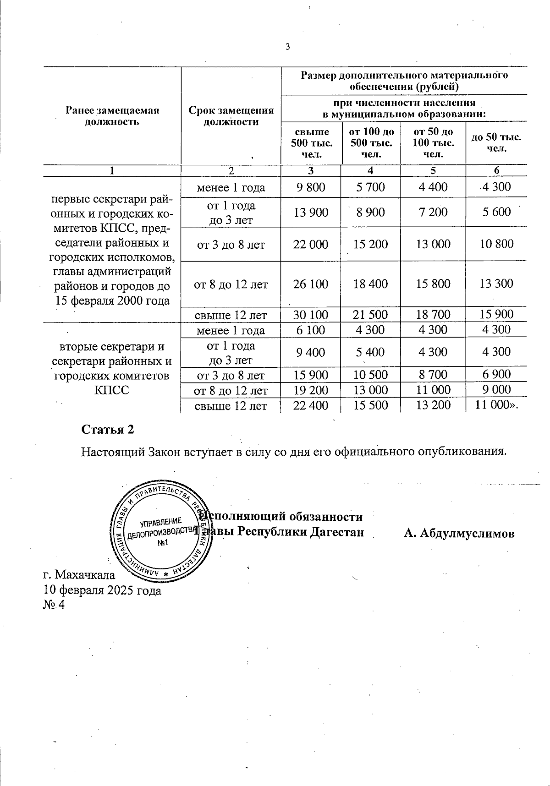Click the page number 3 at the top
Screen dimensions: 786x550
point(287,47)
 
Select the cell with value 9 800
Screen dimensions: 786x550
point(311,187)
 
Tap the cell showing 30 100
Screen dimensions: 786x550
point(311,315)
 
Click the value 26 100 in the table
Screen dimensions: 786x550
point(311,284)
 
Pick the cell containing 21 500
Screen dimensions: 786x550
point(371,315)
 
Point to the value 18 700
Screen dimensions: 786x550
point(433,314)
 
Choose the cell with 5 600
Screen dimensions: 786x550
point(496,212)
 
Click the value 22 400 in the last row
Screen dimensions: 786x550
point(311,405)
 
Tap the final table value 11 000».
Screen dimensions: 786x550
point(497,405)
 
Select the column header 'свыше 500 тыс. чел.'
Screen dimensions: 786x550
point(311,143)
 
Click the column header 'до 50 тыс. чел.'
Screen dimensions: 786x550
point(496,142)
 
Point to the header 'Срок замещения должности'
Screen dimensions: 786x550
point(231,116)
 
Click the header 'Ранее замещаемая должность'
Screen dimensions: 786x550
point(112,116)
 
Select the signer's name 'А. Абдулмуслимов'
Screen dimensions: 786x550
point(459,533)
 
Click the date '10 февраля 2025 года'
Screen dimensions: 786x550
point(102,590)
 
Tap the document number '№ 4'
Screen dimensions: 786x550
point(54,605)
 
